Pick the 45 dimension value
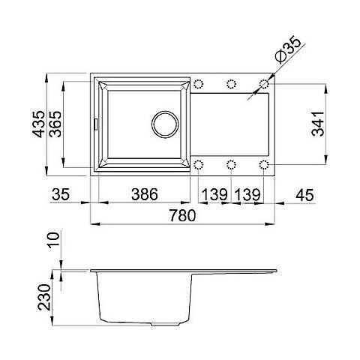point(304,194)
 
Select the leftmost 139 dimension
point(214,194)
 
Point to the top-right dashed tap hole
point(264,82)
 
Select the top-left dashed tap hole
point(199,82)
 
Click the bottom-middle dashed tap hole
point(231,163)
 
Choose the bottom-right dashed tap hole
point(264,163)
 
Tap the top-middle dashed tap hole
point(231,82)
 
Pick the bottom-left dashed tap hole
point(199,163)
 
